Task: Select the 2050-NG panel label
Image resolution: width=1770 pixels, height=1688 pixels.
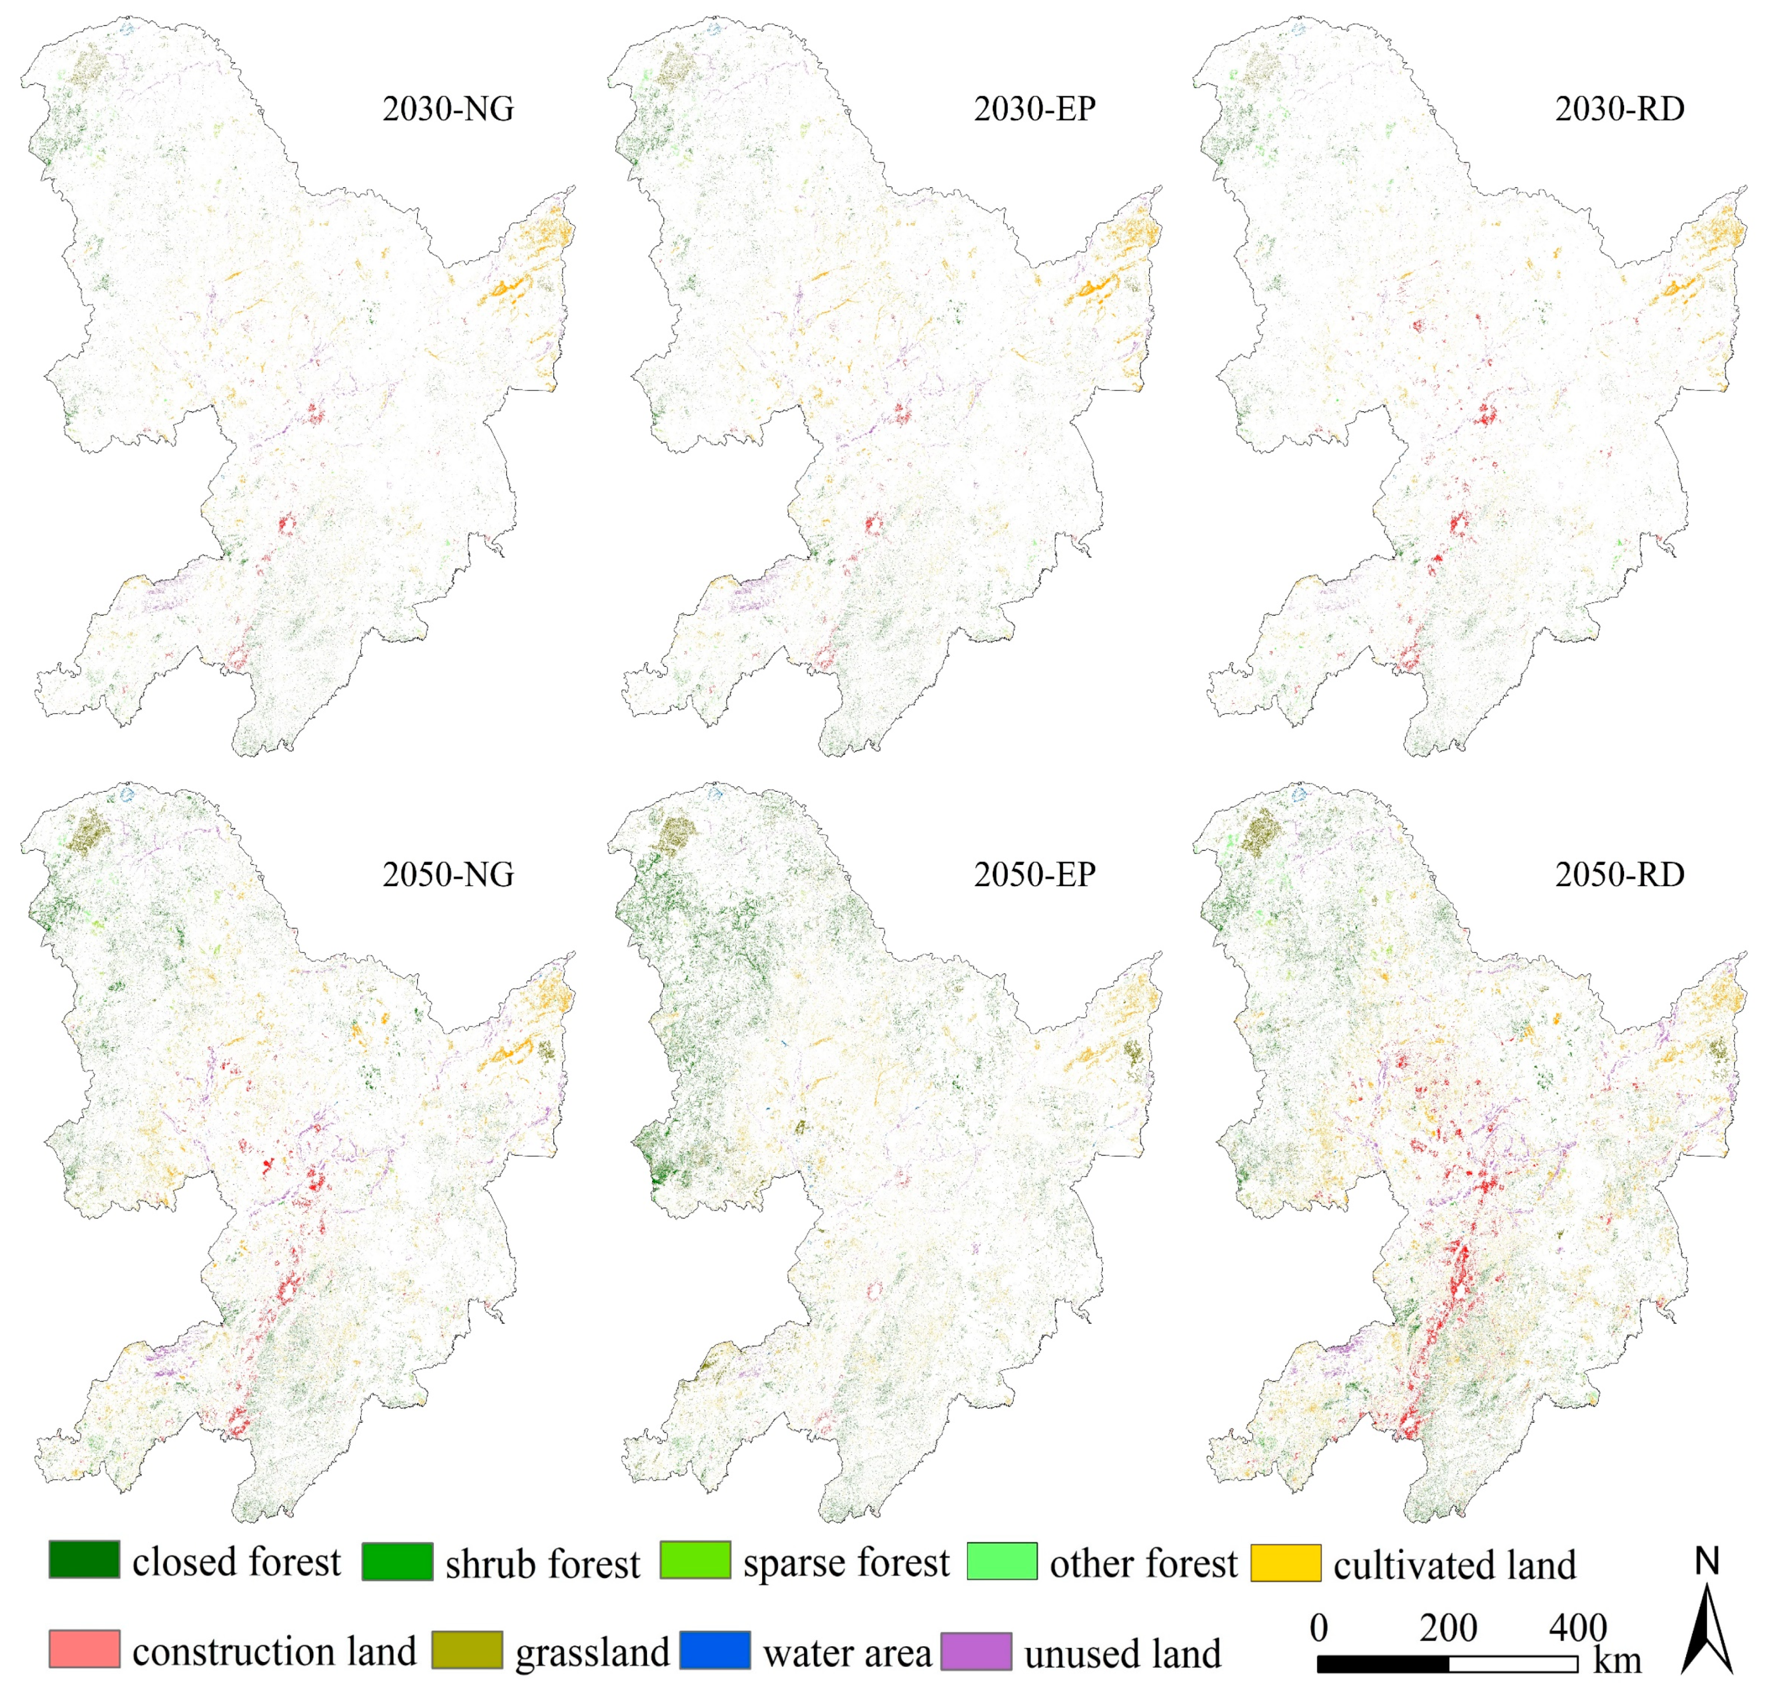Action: [448, 875]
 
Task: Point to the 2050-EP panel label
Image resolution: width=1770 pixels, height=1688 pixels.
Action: [1035, 875]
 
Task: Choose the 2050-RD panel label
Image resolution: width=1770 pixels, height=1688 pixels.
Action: [1620, 875]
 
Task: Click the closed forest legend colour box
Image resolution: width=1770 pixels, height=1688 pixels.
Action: [85, 1559]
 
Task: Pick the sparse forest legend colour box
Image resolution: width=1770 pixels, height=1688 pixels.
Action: [694, 1560]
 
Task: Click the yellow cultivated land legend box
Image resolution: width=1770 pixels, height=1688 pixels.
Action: [1286, 1563]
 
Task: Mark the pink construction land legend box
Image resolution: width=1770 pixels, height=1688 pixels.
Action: [85, 1649]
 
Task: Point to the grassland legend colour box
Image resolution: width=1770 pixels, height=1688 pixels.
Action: [467, 1649]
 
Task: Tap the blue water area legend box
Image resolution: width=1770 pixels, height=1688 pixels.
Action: [715, 1649]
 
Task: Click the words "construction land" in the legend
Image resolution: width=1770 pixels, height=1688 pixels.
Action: [275, 1651]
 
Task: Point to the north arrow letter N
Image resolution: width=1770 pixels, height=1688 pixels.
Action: [1707, 1561]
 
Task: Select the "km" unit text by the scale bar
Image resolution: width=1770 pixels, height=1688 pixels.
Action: [1617, 1661]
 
